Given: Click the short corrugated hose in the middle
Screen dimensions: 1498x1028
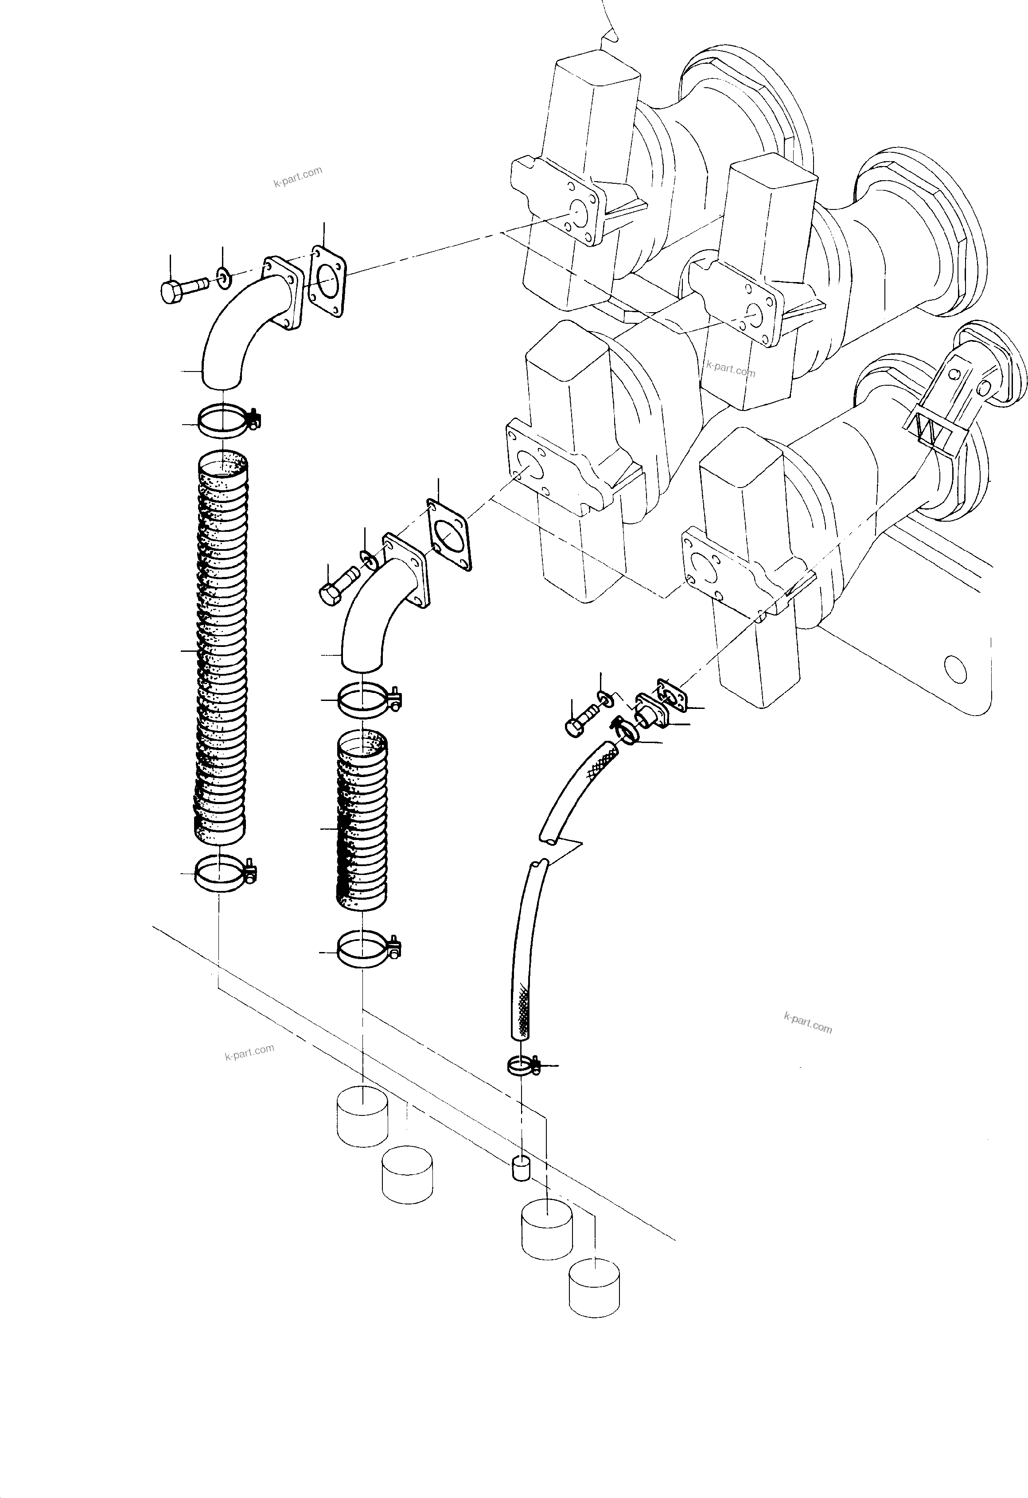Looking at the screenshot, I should coord(362,825).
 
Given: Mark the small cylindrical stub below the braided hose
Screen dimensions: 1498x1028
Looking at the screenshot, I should coord(520,1168).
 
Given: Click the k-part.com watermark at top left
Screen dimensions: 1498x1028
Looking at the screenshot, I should coord(297,176).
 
